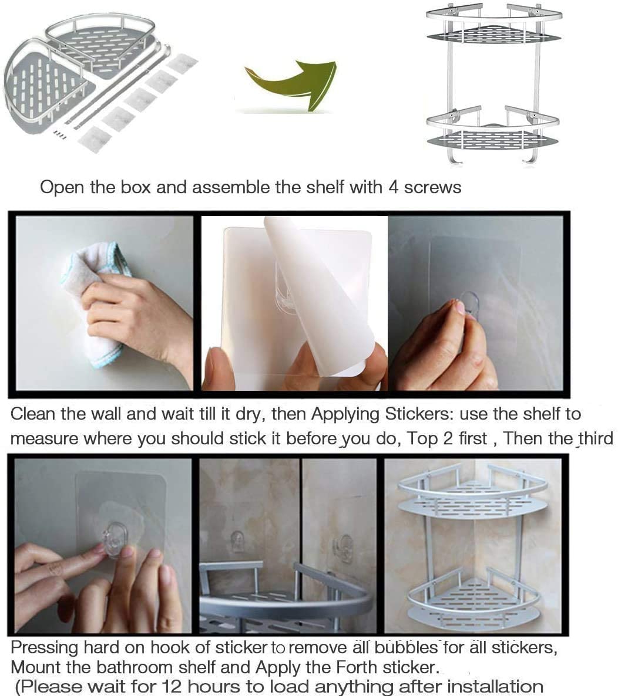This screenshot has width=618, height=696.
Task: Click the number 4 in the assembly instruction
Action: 393,187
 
